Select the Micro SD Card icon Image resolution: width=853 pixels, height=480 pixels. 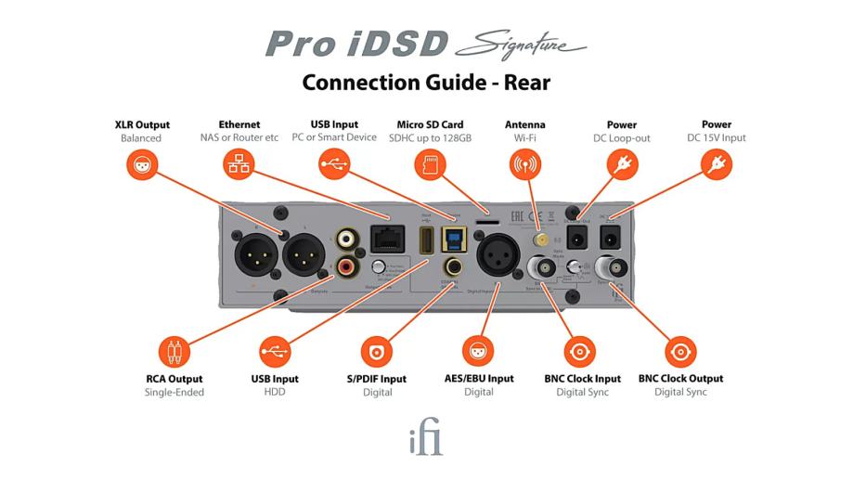click(x=428, y=165)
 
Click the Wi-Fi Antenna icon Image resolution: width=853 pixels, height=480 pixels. click(x=524, y=165)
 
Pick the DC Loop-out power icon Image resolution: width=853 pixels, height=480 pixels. click(x=621, y=165)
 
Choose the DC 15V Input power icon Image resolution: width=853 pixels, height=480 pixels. click(x=716, y=165)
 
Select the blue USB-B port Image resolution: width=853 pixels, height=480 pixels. click(x=456, y=240)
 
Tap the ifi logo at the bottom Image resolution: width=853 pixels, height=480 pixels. click(x=426, y=439)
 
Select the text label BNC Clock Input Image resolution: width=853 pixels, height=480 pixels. click(x=582, y=379)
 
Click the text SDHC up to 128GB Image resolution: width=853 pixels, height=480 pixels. click(x=428, y=138)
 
